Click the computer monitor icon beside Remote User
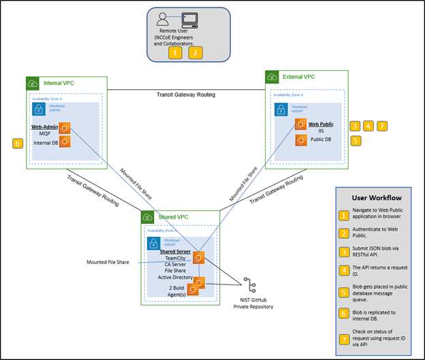click(x=189, y=20)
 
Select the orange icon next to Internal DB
click(x=65, y=141)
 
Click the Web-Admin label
click(x=46, y=127)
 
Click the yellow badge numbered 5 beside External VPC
click(x=355, y=141)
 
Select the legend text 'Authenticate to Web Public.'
click(x=379, y=234)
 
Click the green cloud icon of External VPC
click(x=273, y=78)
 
